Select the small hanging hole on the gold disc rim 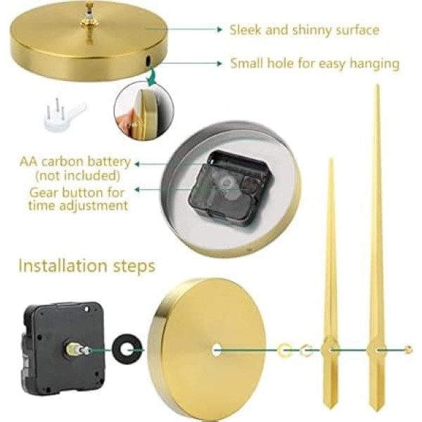[148, 60]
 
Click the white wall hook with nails [65, 115]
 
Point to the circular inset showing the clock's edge [143, 111]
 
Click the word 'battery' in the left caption [109, 162]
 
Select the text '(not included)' [78, 176]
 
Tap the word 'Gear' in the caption [44, 193]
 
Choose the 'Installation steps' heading [87, 266]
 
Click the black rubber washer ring [127, 350]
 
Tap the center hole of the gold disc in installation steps [217, 350]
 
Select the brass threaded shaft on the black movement [79, 350]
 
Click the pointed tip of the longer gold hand [378, 85]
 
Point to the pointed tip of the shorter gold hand [331, 159]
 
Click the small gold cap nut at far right [409, 350]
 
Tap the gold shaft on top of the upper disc [89, 23]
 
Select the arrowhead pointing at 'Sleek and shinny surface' [220, 30]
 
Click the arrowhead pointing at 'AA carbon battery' [137, 164]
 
